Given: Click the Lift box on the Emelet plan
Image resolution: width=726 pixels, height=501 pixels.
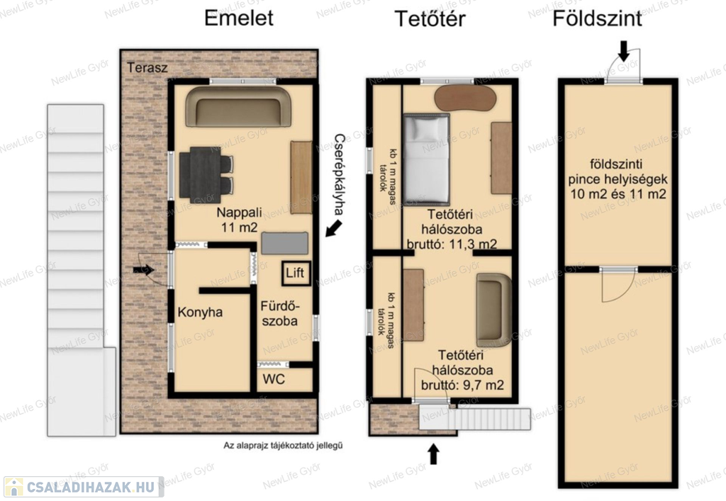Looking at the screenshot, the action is (295, 273).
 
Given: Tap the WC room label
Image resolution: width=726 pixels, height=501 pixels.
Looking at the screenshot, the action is (274, 379).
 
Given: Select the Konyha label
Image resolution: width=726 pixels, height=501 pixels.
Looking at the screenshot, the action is (200, 313).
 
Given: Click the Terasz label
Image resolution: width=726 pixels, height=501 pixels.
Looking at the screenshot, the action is (147, 67).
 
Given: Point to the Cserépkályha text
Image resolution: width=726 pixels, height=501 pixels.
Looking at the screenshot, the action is (340, 174).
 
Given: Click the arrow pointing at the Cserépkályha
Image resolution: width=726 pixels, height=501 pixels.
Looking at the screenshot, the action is (333, 228).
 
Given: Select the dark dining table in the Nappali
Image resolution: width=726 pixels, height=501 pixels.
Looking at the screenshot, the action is (206, 175).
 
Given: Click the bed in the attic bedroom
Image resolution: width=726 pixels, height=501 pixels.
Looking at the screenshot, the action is (426, 159).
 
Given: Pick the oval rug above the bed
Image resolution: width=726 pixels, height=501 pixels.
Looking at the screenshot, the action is (465, 97).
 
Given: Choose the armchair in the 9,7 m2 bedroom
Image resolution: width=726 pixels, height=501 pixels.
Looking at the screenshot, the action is (493, 310).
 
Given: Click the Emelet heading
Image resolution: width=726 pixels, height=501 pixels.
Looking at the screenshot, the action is (238, 18).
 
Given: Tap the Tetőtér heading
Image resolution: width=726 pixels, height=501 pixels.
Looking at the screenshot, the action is (430, 19).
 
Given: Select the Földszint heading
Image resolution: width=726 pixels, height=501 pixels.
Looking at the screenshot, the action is (597, 18).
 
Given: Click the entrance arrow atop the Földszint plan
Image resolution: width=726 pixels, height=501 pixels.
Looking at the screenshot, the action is (624, 51).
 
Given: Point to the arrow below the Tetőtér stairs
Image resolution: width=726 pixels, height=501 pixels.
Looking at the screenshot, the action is (433, 454).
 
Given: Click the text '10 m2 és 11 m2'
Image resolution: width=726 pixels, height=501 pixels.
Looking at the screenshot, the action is (618, 194).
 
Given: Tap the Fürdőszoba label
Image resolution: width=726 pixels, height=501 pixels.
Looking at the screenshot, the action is (280, 313).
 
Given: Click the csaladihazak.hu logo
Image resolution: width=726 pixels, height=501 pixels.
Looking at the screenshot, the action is (84, 487).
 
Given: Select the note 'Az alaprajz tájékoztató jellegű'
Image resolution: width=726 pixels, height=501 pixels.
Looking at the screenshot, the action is (283, 446).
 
